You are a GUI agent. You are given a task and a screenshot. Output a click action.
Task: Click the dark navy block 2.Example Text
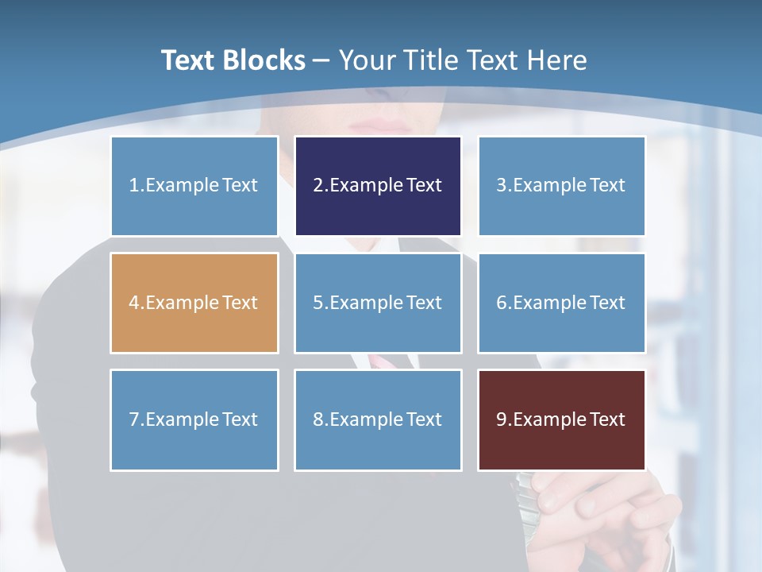click(378, 186)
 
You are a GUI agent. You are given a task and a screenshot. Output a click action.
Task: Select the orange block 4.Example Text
click(194, 303)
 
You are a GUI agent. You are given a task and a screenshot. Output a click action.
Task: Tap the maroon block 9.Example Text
click(561, 419)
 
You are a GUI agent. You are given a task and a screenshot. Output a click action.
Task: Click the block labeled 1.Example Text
click(194, 186)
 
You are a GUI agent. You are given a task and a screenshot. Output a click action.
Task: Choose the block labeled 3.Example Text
click(561, 186)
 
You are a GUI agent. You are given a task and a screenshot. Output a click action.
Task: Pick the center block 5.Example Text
click(378, 303)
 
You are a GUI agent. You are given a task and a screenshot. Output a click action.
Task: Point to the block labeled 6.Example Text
click(561, 303)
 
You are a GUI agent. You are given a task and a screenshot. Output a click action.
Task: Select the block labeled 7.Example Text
click(194, 419)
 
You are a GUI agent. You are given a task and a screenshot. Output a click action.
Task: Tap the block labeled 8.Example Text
click(378, 419)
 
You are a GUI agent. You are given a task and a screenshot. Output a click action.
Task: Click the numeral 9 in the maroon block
click(502, 419)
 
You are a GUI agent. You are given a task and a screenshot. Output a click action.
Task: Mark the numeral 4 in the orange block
click(134, 303)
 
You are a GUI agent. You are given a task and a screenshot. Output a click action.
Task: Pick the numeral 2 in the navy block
click(317, 186)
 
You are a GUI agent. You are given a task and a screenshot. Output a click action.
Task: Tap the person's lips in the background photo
click(387, 126)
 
